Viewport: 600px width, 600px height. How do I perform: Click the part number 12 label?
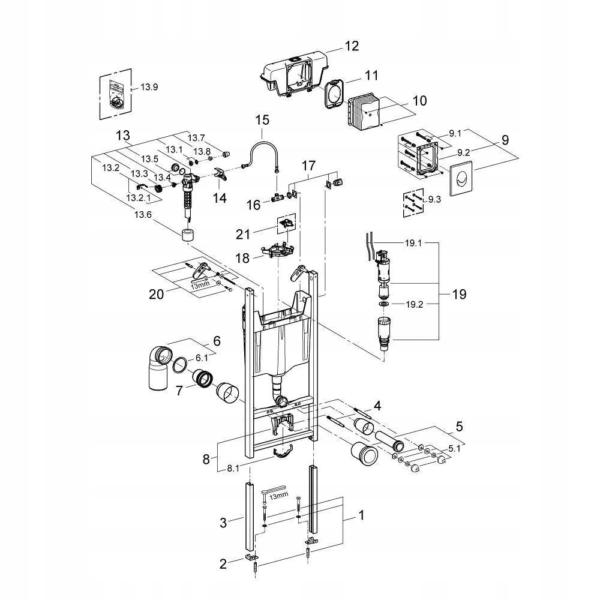click(x=351, y=46)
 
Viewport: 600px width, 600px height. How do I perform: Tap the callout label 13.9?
click(x=149, y=87)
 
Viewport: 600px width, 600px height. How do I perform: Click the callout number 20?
click(x=156, y=294)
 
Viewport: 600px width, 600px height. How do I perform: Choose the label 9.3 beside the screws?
click(x=435, y=200)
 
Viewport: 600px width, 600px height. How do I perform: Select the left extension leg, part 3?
click(x=247, y=516)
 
